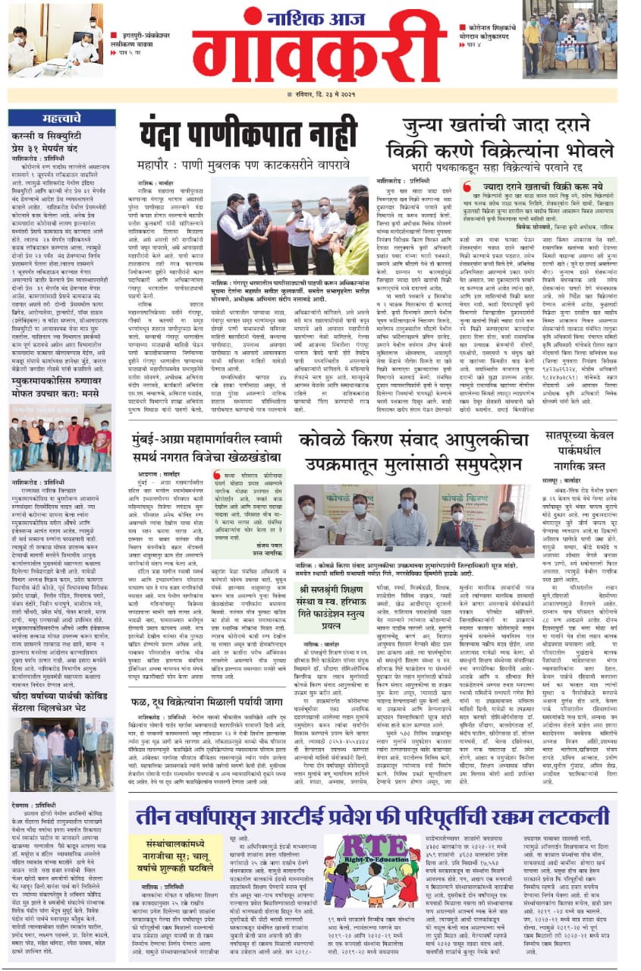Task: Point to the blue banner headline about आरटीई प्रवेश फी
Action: coord(372,818)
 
